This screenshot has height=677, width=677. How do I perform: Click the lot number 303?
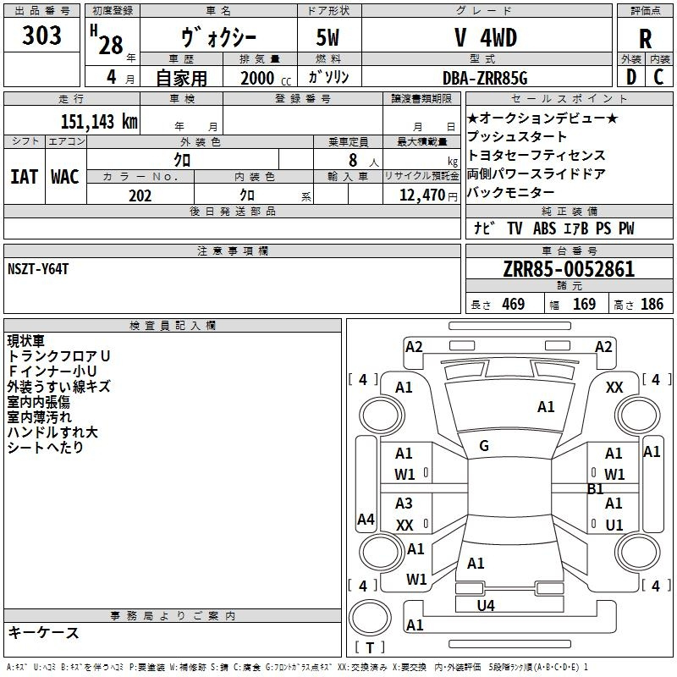(41, 35)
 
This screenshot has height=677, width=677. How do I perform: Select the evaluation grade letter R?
(645, 39)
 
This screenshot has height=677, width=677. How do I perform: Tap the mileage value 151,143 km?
(99, 122)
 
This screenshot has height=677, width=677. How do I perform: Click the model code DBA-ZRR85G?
(485, 78)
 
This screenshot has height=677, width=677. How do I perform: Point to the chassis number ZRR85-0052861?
(569, 269)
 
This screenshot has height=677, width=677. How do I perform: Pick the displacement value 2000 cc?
(266, 78)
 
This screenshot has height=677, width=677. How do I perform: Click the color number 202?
(140, 195)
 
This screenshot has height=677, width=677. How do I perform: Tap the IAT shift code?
(24, 177)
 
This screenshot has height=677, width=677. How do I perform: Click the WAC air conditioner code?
(65, 177)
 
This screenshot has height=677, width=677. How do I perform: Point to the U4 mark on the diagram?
(486, 606)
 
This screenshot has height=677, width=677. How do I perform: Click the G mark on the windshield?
(484, 446)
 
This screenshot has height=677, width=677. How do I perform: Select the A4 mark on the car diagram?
(366, 519)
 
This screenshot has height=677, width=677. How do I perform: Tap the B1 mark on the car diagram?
(596, 489)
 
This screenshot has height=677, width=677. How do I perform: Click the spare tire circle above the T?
(370, 618)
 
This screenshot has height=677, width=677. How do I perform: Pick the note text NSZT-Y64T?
(38, 269)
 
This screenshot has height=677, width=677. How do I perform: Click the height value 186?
(652, 305)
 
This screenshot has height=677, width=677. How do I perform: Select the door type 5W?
(327, 38)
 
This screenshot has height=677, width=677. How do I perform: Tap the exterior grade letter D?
(631, 77)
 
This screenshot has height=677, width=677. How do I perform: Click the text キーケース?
(43, 633)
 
